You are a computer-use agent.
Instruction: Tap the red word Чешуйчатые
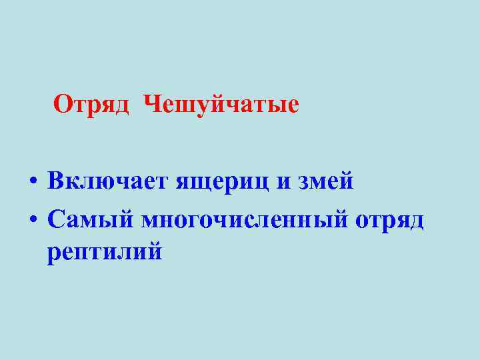click(x=221, y=104)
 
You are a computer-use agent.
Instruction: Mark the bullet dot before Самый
click(x=33, y=219)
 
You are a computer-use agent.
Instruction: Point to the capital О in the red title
click(x=63, y=104)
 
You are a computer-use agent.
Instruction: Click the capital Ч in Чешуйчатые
click(x=153, y=104)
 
